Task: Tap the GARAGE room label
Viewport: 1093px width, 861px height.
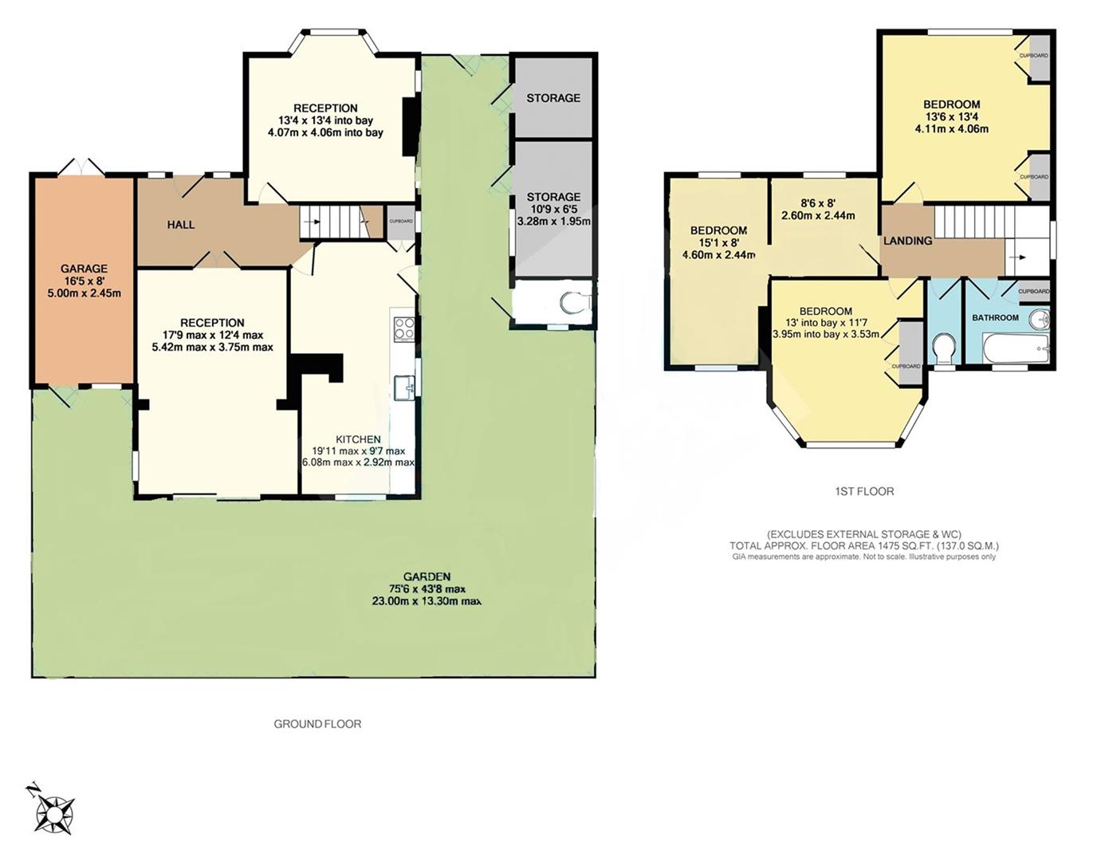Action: [x=85, y=269]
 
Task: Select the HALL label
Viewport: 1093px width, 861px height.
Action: [x=181, y=225]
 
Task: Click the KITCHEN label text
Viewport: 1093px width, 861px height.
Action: [x=358, y=439]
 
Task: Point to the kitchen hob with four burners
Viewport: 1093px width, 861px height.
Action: [x=404, y=328]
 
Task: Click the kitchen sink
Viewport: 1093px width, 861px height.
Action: [x=405, y=387]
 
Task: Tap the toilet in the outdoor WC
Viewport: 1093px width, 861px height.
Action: [x=576, y=303]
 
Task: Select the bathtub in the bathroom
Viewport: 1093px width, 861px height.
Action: [x=1014, y=349]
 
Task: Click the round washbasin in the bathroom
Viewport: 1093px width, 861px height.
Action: [x=1039, y=319]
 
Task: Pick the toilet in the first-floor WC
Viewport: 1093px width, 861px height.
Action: [x=945, y=349]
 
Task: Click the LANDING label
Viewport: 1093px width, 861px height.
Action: [x=907, y=241]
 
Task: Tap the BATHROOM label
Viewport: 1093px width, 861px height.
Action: [x=995, y=317]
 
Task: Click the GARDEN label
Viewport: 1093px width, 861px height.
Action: [x=427, y=576]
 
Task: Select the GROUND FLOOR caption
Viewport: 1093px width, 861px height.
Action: [x=317, y=724]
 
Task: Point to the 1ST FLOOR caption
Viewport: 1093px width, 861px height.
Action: [x=864, y=491]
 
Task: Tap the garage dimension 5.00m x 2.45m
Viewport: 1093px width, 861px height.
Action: [x=85, y=293]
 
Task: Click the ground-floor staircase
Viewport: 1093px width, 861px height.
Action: [x=340, y=222]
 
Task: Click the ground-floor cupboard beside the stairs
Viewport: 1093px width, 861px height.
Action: [x=401, y=222]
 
